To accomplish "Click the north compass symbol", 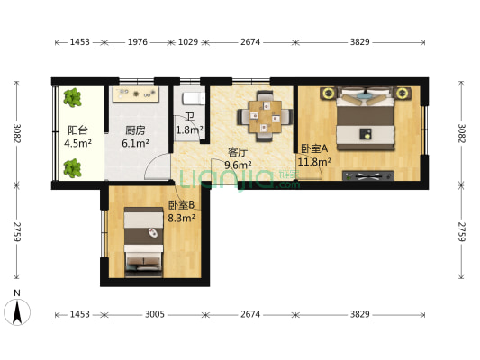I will [x=18, y=310].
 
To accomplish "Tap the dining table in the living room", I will [x=265, y=115].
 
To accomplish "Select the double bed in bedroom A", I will [x=366, y=118].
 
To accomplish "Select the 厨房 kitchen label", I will [x=136, y=129].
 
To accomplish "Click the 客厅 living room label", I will [x=237, y=152].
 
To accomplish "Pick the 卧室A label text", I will [x=314, y=148].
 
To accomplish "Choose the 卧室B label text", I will [x=181, y=204].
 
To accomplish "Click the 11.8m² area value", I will [x=314, y=162].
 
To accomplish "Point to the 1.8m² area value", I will [x=189, y=130].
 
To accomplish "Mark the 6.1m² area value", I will [x=136, y=142].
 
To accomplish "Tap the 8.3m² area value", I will [x=181, y=217].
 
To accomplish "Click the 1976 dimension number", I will [x=137, y=41].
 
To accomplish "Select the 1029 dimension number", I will [x=188, y=41].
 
